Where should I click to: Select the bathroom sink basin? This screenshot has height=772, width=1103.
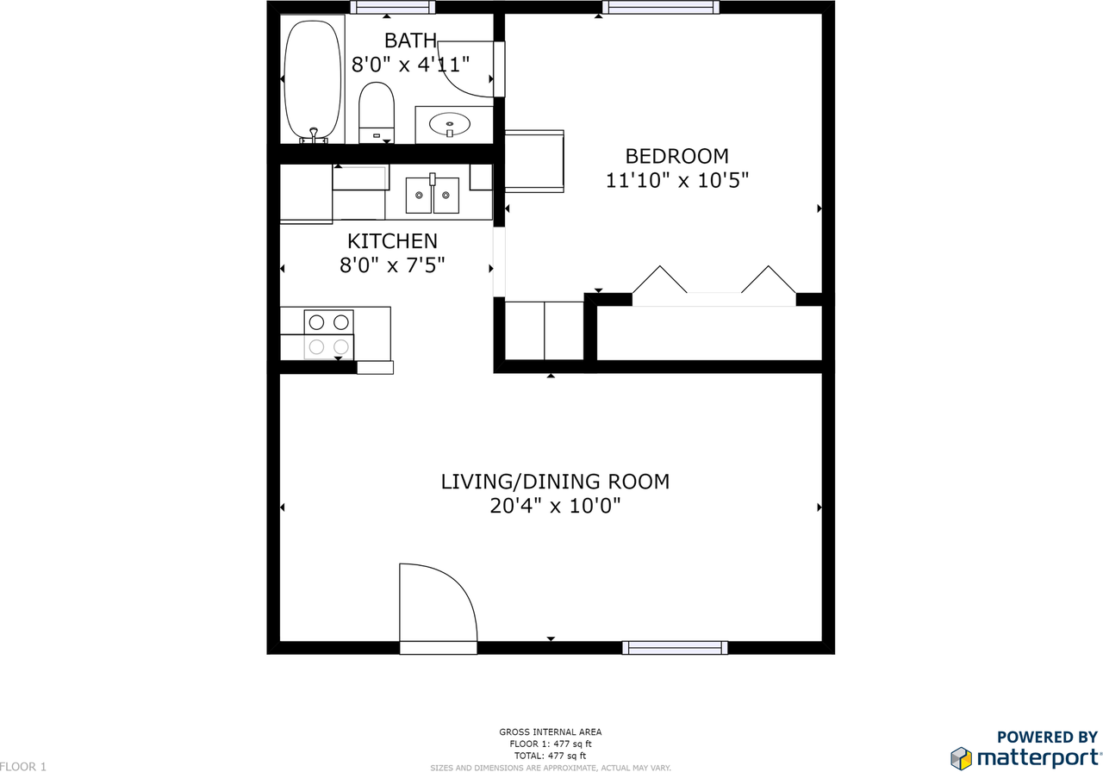point(450,124)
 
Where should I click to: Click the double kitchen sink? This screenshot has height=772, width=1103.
point(433,196)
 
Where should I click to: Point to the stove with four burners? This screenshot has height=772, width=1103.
point(329,334)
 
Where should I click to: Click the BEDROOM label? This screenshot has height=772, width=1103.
point(676,156)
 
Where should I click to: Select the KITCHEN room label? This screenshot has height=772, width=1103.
point(392,241)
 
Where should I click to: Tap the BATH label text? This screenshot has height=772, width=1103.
point(410,40)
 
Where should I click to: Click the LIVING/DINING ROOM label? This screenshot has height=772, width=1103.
point(555,482)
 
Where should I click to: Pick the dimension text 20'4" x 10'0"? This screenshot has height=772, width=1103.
point(555,506)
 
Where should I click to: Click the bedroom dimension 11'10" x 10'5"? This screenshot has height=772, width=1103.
point(676,181)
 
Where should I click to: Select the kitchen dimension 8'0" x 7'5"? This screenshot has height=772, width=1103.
point(392,265)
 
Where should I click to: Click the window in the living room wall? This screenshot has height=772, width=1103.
point(675,648)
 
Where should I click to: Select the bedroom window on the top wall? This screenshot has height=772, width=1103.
point(660,8)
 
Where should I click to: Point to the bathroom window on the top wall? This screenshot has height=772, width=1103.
point(392,8)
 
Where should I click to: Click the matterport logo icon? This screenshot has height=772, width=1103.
point(961,758)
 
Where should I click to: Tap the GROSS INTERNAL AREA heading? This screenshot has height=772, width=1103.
point(551,732)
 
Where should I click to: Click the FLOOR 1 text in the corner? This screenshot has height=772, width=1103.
point(23,766)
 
